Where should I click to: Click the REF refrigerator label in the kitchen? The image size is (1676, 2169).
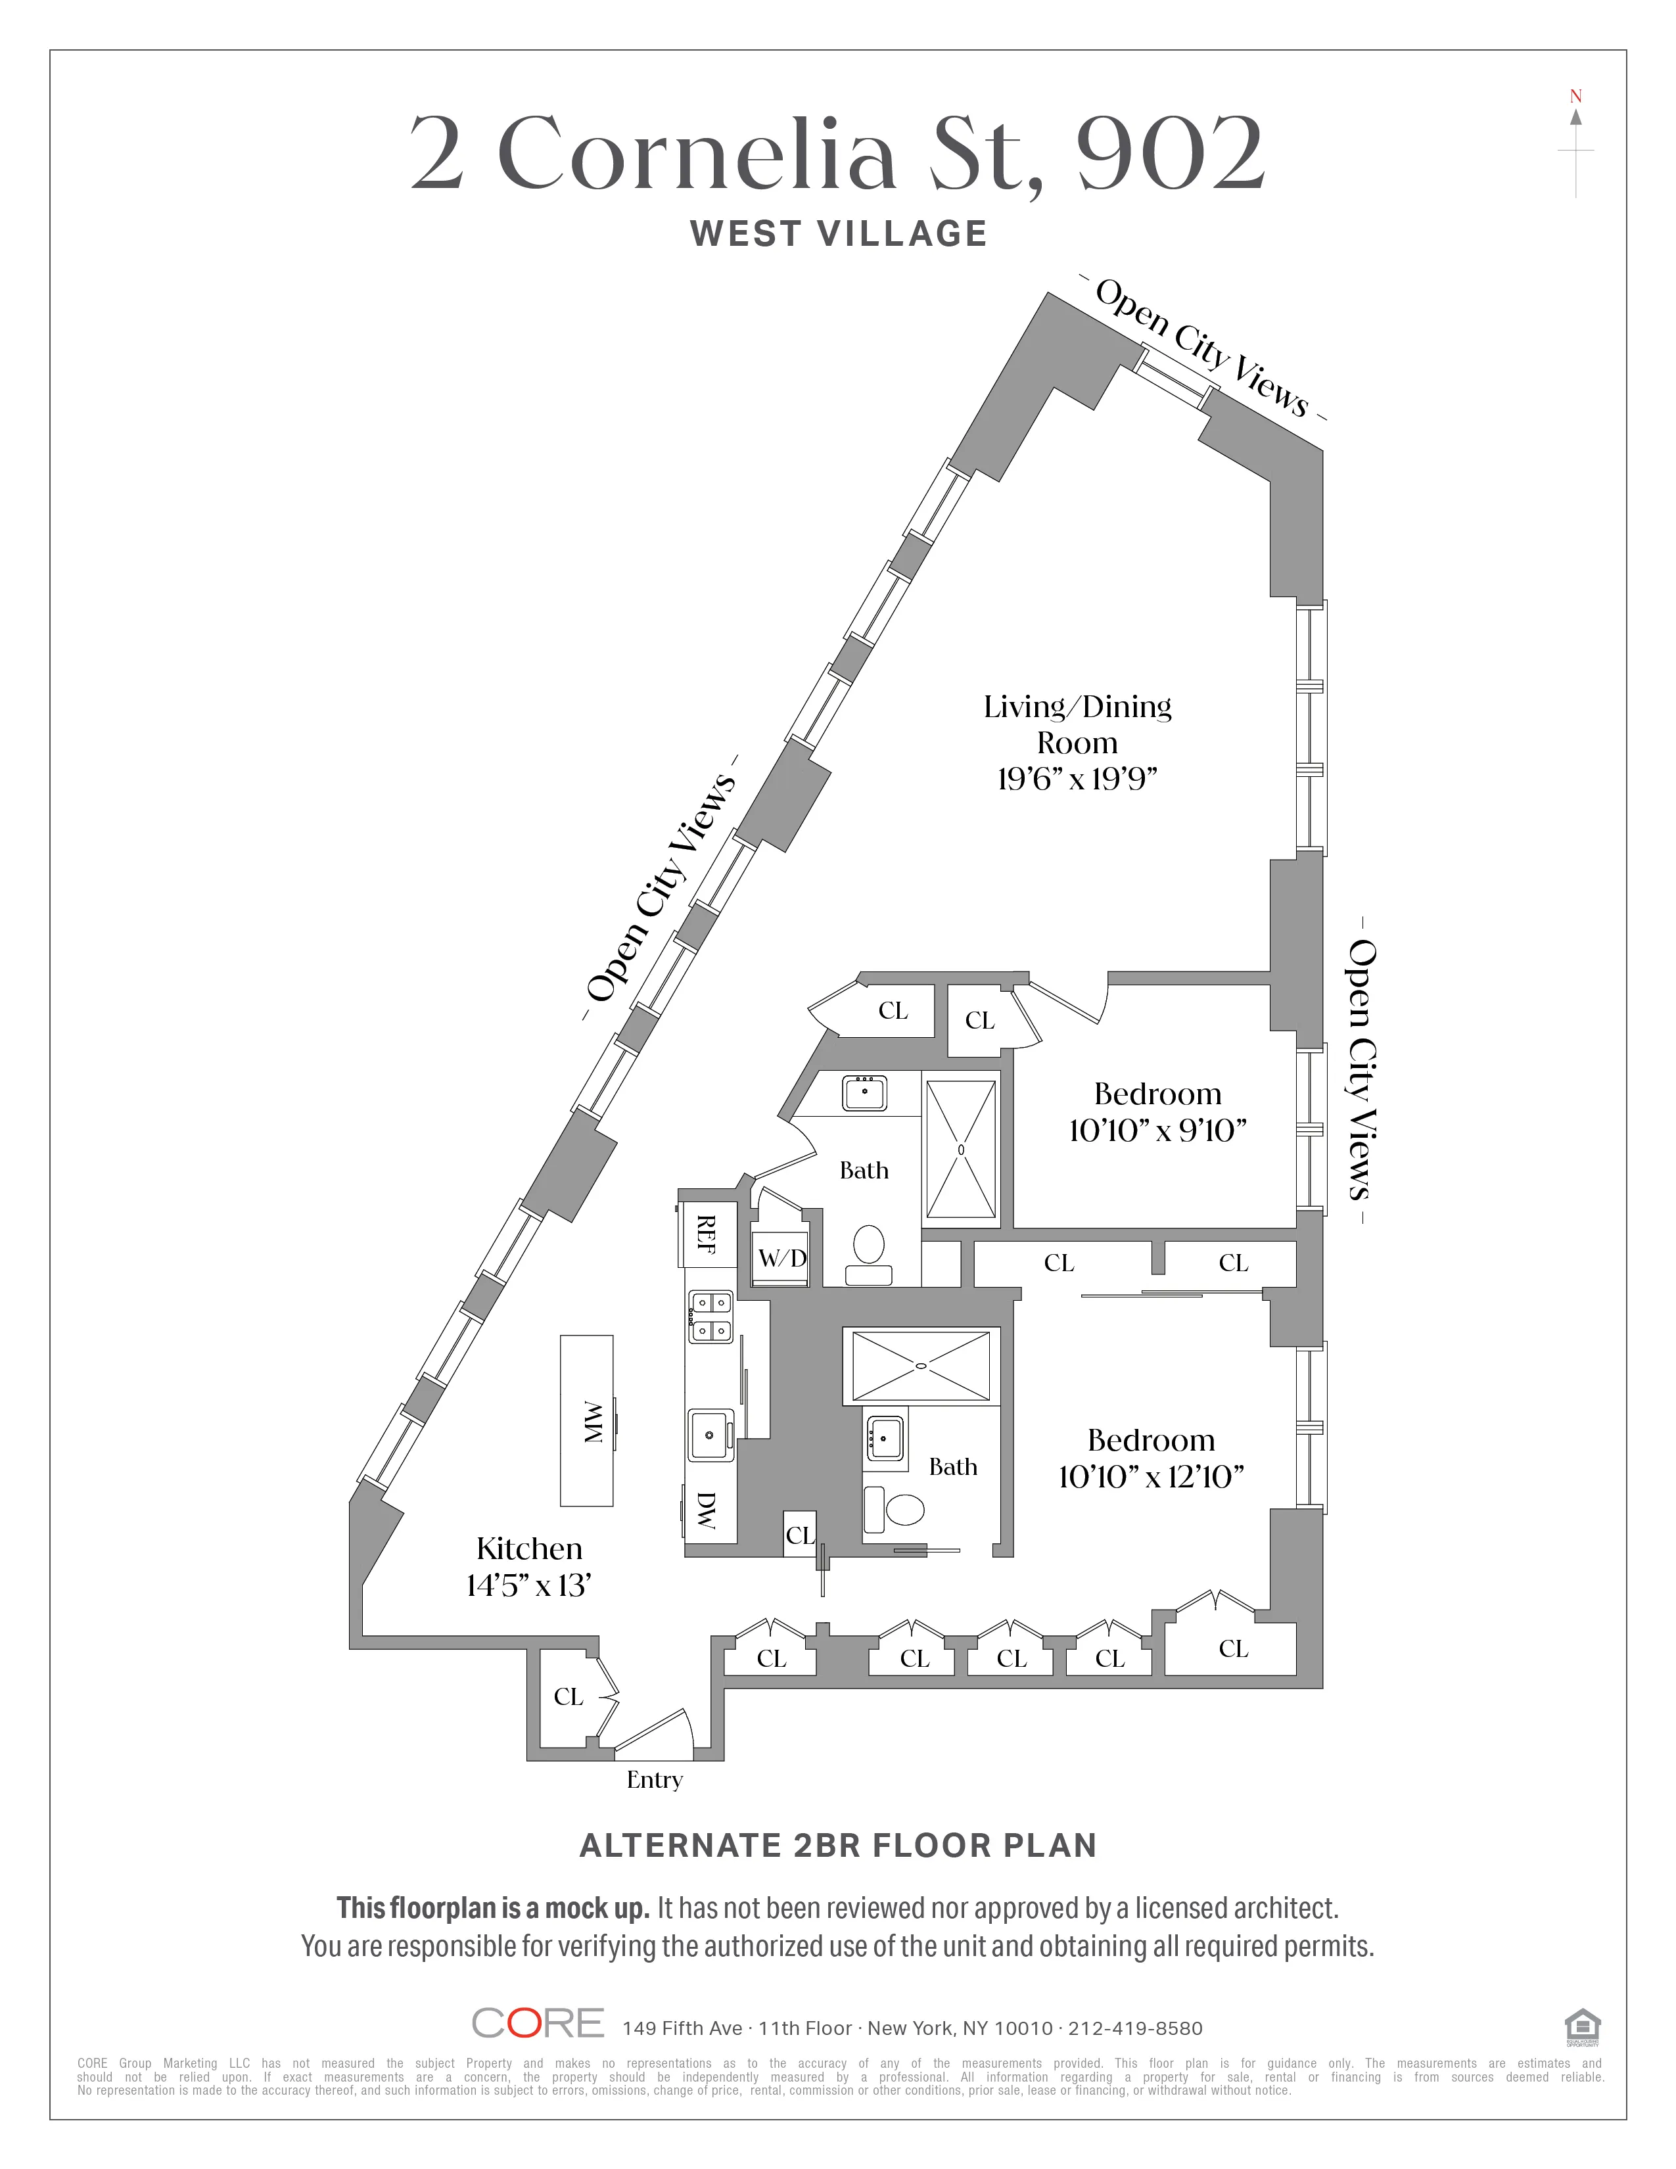(x=706, y=1234)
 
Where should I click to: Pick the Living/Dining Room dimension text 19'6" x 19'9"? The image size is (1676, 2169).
(x=1077, y=779)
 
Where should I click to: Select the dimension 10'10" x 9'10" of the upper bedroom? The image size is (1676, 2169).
(x=1157, y=1131)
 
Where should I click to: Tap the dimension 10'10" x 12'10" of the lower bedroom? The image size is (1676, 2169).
(x=1152, y=1477)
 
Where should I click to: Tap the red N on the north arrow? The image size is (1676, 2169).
(x=1575, y=97)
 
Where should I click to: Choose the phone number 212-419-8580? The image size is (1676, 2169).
(x=1135, y=2028)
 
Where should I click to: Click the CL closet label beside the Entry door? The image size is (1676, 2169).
(x=568, y=1696)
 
